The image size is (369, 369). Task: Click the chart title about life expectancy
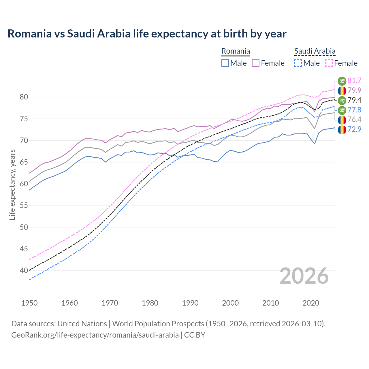[147, 34]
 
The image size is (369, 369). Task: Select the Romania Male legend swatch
[225, 63]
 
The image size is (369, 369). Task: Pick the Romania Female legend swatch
[256, 63]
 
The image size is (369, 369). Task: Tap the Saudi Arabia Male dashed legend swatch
[298, 63]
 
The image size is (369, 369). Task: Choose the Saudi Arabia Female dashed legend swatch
[329, 63]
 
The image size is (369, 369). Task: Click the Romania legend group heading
[236, 51]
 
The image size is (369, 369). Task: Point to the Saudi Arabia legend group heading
[315, 51]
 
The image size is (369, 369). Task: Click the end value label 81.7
[354, 81]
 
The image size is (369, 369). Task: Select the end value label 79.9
[354, 91]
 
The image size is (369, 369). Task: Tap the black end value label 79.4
[354, 100]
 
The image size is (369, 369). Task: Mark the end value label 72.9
[354, 129]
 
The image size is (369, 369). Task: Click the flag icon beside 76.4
[342, 120]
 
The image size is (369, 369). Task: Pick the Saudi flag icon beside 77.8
[342, 110]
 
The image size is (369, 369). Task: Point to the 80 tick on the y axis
[24, 97]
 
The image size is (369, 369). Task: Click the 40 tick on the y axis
[24, 270]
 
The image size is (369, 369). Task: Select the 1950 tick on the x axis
[29, 303]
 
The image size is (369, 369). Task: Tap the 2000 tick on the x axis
[230, 303]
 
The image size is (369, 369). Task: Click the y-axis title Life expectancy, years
[12, 184]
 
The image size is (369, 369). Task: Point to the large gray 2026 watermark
[304, 276]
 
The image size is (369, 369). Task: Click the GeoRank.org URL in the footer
[95, 335]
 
